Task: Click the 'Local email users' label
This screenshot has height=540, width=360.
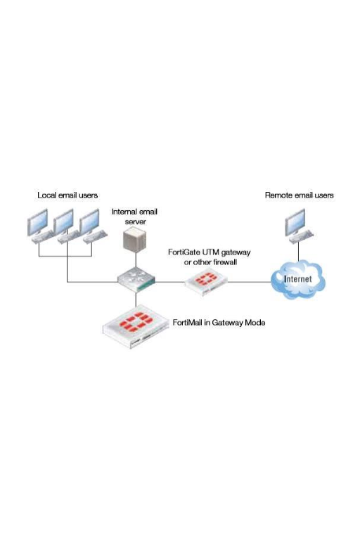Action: point(67,195)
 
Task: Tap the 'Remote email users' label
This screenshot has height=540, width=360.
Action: point(300,195)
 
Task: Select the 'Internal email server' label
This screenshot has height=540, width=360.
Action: point(134,217)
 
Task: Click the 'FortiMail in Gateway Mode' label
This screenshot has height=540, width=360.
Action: point(219,323)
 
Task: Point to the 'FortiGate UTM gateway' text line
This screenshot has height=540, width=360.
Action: point(209,252)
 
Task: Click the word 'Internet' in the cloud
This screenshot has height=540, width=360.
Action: point(297,279)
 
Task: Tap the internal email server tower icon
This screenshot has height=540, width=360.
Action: point(135,239)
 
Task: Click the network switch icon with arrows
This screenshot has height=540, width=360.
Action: point(136,280)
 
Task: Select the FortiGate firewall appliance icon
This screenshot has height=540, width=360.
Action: point(206,283)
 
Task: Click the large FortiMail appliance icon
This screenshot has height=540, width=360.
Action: point(136,328)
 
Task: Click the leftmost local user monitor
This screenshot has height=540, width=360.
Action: point(37,222)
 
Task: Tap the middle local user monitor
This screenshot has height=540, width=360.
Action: point(63,222)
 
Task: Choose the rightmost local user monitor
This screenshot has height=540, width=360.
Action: point(89,222)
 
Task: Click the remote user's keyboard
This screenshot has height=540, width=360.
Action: point(302,237)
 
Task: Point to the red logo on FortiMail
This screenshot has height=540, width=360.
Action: point(136,322)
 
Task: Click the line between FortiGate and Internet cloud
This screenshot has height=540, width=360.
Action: point(250,282)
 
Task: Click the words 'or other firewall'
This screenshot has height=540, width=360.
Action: point(210,262)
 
